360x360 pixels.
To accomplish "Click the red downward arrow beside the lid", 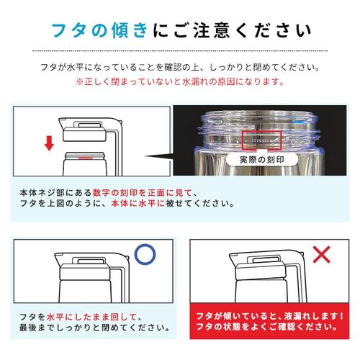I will (x=49, y=144).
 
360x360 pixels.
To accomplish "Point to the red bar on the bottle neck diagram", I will (x=85, y=156).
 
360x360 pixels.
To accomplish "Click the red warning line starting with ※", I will (x=180, y=82).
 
